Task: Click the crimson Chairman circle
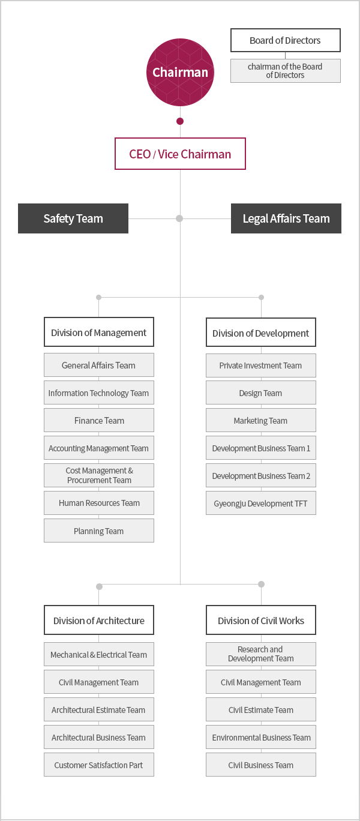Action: coord(180,72)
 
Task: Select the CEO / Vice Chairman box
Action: coord(180,154)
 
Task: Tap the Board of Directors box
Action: coord(285,40)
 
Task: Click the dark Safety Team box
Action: coord(73,218)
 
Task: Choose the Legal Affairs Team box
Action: coord(286,218)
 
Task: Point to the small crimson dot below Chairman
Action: coord(179,121)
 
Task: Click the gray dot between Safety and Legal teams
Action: coord(179,218)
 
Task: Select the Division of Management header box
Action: coord(99,332)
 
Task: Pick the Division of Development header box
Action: coord(260,332)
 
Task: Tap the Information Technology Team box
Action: coord(99,392)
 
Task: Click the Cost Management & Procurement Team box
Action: coord(99,475)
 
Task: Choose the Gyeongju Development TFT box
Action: coord(260,504)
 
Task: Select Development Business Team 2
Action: coord(260,475)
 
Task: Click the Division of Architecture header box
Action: coord(99,620)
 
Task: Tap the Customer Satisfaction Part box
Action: coord(99,765)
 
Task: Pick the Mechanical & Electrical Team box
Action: coord(99,654)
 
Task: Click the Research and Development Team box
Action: coord(260,654)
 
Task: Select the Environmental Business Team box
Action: coord(260,737)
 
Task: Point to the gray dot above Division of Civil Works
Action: coord(261,584)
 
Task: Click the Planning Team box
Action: coord(99,531)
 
